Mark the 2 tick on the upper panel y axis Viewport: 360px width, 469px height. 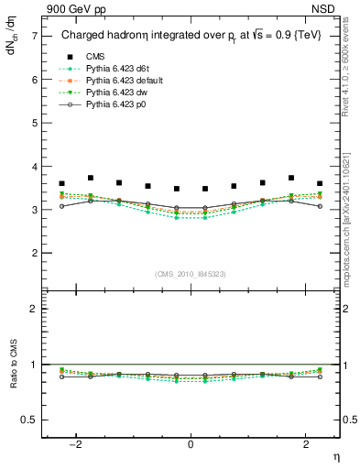click(34, 253)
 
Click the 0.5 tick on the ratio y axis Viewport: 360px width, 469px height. click(30, 420)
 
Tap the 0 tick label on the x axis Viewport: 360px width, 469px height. click(191, 444)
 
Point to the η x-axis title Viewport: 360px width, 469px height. click(334, 455)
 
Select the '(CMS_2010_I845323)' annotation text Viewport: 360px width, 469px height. click(191, 274)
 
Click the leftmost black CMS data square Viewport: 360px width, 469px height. click(61, 184)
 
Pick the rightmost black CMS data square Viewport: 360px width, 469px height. click(320, 184)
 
